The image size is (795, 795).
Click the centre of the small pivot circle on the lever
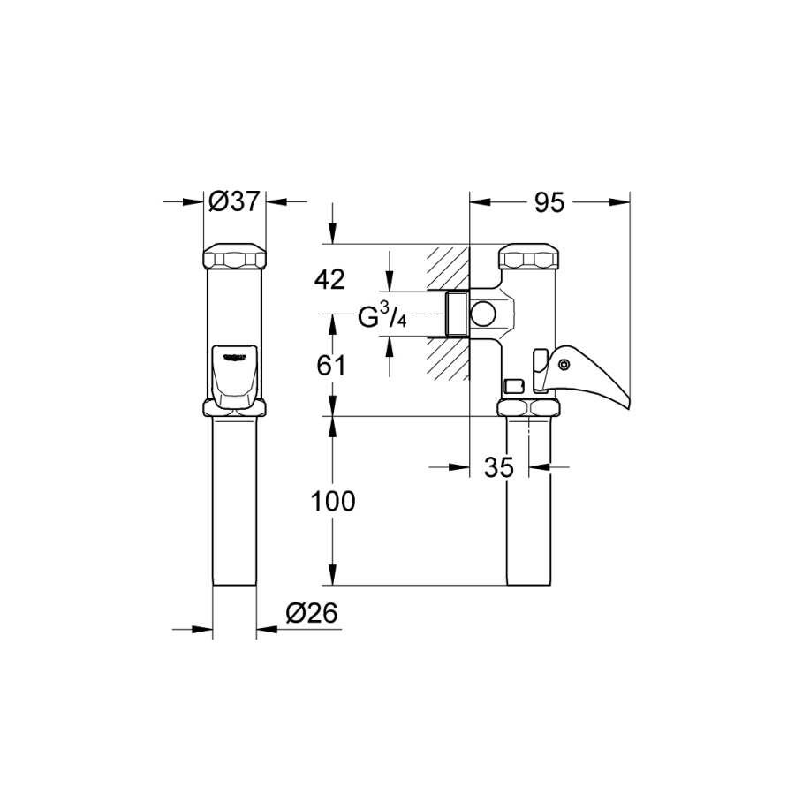(x=563, y=365)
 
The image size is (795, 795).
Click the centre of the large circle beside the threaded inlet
(x=482, y=314)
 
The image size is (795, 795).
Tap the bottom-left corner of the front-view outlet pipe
(x=214, y=586)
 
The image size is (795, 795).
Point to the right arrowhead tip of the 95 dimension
(x=630, y=202)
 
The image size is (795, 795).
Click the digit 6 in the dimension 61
(x=323, y=366)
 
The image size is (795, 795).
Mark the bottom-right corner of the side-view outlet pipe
(x=550, y=586)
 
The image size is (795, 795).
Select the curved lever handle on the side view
(x=584, y=375)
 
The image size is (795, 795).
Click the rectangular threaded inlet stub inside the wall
(x=457, y=314)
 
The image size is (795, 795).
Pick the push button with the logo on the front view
(x=234, y=375)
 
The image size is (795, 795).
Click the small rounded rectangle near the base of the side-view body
(x=514, y=386)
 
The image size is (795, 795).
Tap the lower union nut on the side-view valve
(x=529, y=407)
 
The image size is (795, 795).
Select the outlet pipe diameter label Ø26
(x=311, y=613)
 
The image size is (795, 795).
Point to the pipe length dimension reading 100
(x=333, y=502)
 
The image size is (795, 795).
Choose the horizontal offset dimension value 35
(x=499, y=467)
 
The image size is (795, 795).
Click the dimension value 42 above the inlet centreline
(x=329, y=279)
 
